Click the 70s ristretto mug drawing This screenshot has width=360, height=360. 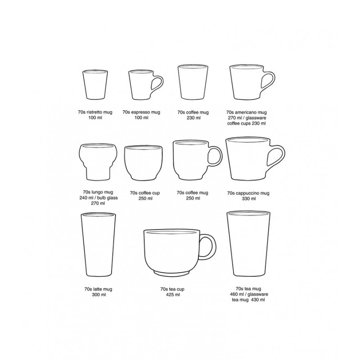point(95,85)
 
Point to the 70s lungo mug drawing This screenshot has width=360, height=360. point(98,162)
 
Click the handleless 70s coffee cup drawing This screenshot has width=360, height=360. point(143,163)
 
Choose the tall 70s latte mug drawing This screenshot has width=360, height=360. point(98,244)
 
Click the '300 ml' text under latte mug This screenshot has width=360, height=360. point(99,295)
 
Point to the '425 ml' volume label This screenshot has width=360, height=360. point(173,295)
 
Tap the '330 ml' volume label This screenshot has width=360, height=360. point(249,198)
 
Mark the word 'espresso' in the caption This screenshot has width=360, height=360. point(141,112)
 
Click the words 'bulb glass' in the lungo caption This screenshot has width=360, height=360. point(108,198)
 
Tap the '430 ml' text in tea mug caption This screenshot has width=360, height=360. point(258,300)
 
